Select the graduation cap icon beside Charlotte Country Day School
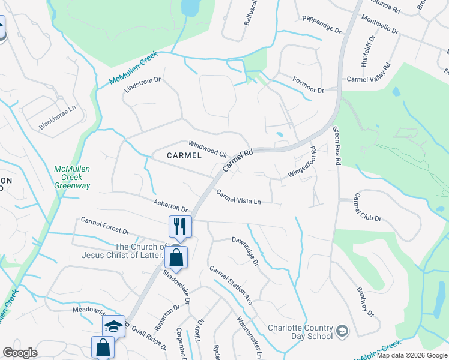click(x=342, y=331)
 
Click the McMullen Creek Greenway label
click(x=72, y=178)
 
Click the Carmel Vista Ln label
click(x=239, y=197)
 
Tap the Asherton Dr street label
click(x=170, y=206)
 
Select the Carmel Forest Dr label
click(x=105, y=226)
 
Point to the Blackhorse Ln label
click(x=58, y=118)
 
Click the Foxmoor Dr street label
click(x=308, y=85)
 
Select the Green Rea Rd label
click(x=336, y=147)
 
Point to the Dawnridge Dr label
click(x=245, y=251)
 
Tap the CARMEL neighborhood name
click(x=184, y=155)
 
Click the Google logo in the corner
click(x=20, y=353)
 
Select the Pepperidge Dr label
click(x=321, y=29)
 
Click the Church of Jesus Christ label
click(x=140, y=251)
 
